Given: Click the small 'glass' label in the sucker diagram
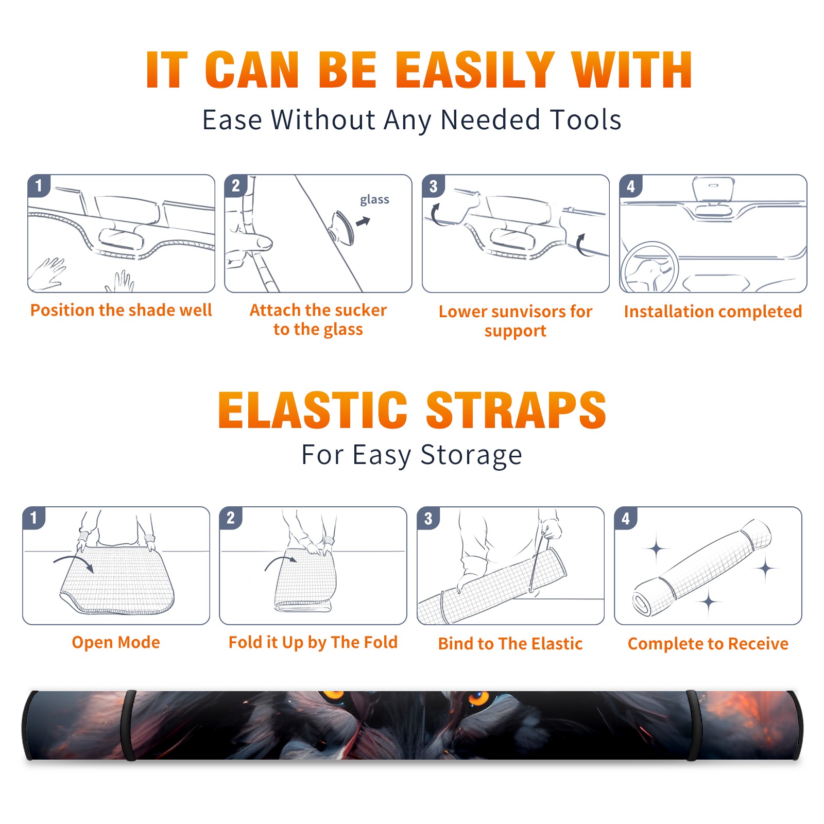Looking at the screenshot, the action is click(374, 200).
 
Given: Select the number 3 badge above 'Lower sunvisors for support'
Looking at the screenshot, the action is click(433, 186).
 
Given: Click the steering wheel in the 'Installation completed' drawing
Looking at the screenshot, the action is click(649, 267).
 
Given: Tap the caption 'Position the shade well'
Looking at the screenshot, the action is click(121, 310).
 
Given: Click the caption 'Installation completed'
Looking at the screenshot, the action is click(713, 312).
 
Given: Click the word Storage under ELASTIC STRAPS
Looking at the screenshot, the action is click(471, 455).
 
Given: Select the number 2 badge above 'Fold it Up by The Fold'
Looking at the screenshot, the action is click(231, 518).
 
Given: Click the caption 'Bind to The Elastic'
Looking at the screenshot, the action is click(510, 644).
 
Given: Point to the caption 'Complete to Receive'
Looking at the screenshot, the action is click(708, 644).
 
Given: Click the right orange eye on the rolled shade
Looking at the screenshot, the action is click(478, 698).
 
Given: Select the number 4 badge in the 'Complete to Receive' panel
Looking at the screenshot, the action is click(626, 518).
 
